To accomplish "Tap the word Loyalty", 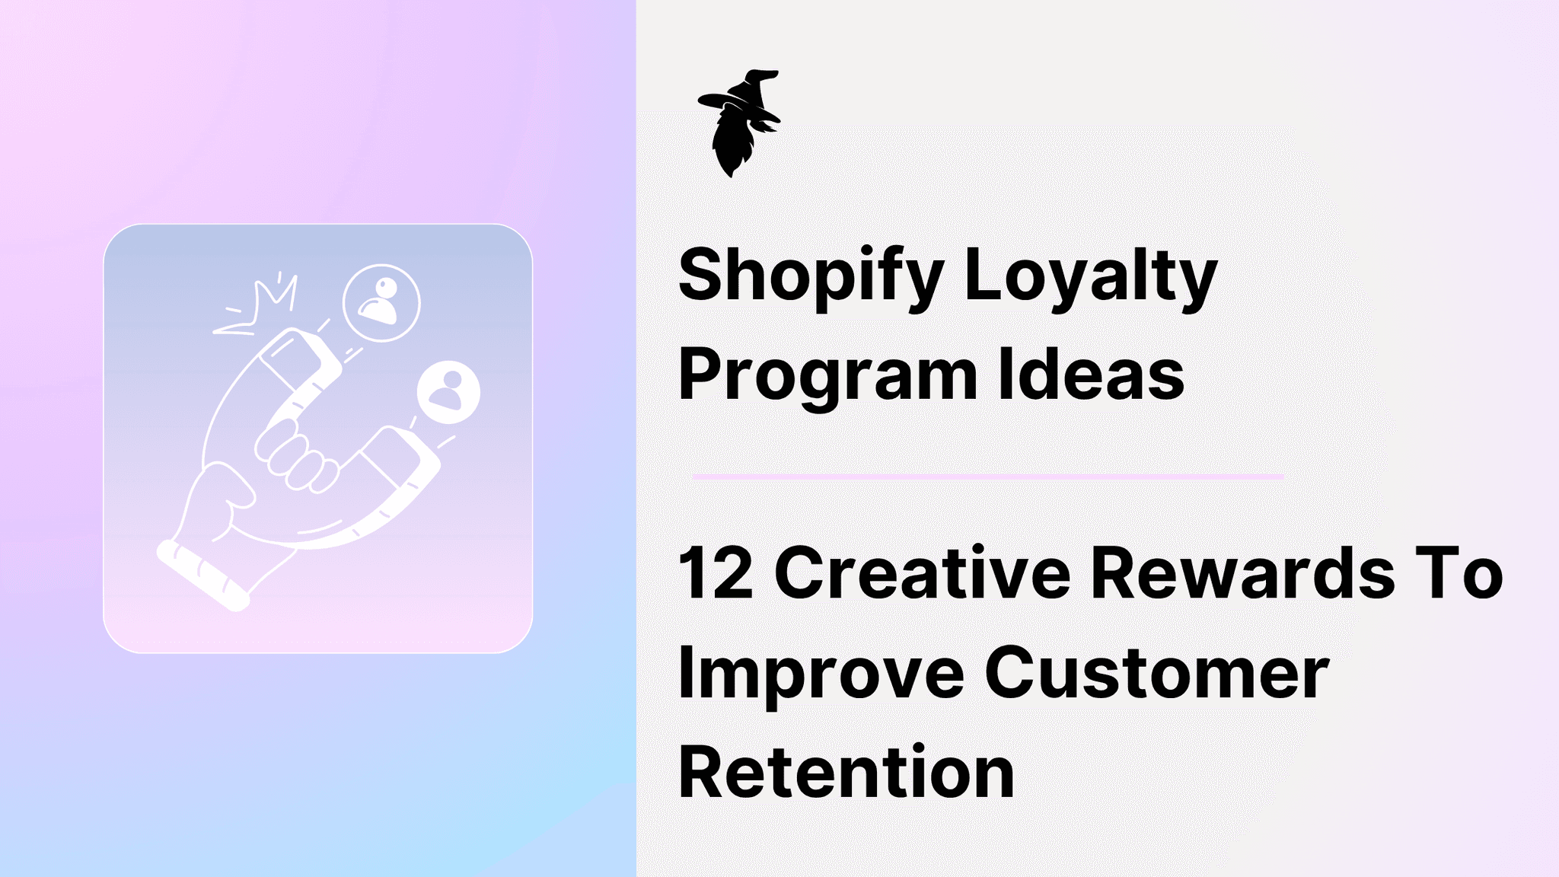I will [x=1091, y=276].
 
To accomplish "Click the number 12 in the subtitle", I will [x=716, y=573].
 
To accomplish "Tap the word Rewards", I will [x=1242, y=573].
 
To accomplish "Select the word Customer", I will [x=1156, y=673].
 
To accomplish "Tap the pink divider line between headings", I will [x=987, y=477].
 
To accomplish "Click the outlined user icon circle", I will [x=381, y=302].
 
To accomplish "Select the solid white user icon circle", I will [x=449, y=392].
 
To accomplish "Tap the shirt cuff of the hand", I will [x=202, y=575].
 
